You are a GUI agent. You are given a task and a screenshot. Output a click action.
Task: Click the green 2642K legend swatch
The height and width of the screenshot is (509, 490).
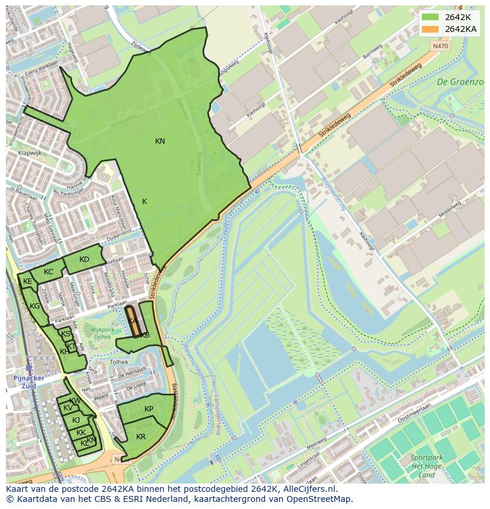(x=430, y=17)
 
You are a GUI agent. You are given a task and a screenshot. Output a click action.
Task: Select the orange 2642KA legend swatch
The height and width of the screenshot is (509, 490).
(x=430, y=29)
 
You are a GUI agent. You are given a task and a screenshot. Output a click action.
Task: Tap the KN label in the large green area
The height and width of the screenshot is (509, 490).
(x=160, y=141)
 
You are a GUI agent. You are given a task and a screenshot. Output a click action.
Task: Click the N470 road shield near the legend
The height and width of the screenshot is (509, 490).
(x=440, y=45)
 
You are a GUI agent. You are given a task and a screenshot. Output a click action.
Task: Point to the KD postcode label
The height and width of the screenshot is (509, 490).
(x=84, y=260)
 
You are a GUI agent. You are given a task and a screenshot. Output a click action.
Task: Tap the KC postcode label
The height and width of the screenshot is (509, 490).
(x=49, y=272)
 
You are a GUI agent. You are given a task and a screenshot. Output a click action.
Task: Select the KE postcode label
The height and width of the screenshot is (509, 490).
(x=27, y=282)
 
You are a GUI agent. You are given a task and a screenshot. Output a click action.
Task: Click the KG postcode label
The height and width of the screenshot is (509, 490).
(x=34, y=306)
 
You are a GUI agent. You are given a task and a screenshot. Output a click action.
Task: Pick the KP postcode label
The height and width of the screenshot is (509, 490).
(x=149, y=409)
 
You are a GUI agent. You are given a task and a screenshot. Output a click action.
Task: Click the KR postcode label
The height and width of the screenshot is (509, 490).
(x=141, y=437)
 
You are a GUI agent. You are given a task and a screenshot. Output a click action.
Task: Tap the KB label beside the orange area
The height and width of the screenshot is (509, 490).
(x=145, y=335)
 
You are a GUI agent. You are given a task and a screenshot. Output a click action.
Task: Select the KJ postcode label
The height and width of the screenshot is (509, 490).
(x=76, y=420)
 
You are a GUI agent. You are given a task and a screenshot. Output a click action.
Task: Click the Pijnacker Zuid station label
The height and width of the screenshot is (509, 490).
(x=25, y=381)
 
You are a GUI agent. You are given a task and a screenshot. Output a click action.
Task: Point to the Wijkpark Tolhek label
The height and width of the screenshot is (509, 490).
(x=98, y=333)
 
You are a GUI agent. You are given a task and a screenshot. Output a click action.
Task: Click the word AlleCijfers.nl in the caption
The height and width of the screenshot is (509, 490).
(x=308, y=489)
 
